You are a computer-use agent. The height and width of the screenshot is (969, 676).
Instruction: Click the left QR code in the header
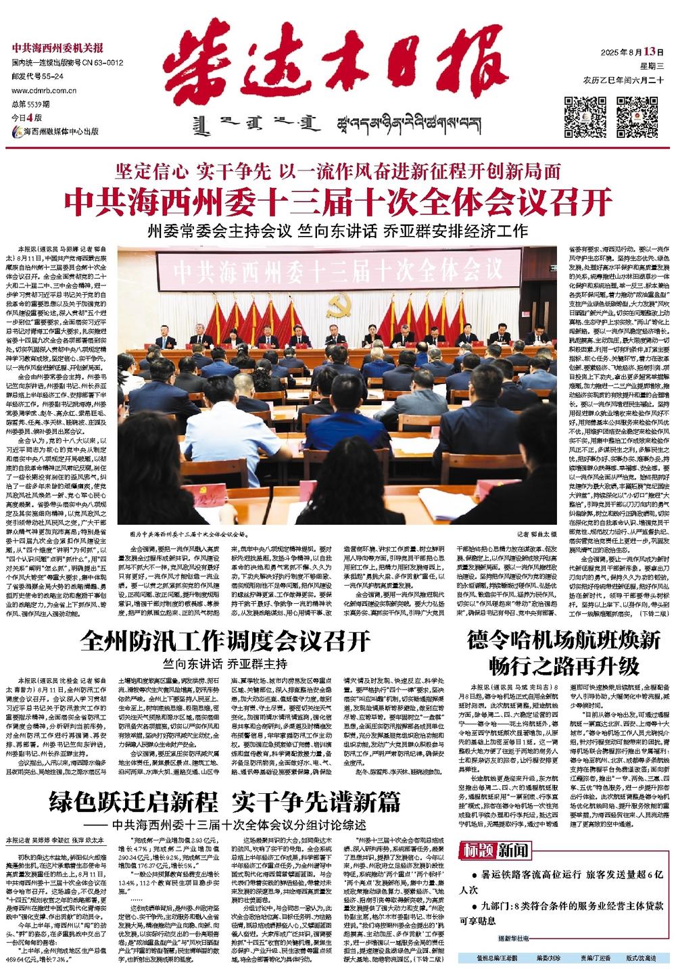(585, 116)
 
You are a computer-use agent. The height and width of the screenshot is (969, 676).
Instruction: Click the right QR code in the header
(636, 116)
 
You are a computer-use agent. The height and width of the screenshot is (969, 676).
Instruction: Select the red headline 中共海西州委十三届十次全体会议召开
(337, 202)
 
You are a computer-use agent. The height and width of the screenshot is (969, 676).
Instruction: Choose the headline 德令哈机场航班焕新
(562, 640)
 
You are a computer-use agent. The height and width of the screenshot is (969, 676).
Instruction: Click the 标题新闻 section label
(494, 850)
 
